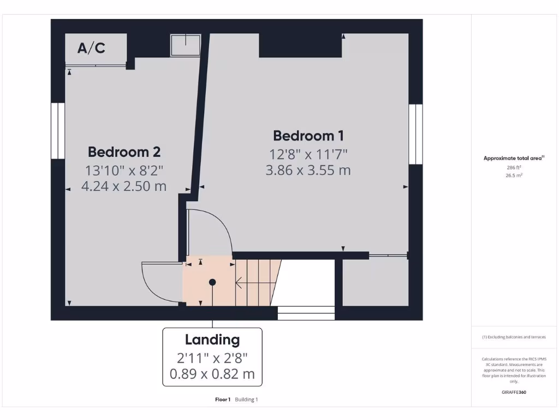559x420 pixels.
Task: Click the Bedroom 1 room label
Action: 308,136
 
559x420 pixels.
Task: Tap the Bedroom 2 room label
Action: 124,151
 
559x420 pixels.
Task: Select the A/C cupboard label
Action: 91,48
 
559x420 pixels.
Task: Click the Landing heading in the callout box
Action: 212,340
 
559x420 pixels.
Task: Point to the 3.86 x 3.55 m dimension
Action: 308,170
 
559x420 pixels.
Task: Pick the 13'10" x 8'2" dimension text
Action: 124,170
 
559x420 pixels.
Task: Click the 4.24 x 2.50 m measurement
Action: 124,186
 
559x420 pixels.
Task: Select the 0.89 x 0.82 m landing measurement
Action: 212,375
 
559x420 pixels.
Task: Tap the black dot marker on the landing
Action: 212,282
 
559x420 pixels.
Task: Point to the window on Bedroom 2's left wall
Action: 57,131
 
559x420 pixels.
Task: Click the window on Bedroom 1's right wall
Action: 415,134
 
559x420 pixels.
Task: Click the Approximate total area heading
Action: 513,158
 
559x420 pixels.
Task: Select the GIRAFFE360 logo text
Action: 514,392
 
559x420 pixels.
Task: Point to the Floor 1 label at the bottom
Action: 223,400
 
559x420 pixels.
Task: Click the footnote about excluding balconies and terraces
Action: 513,337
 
